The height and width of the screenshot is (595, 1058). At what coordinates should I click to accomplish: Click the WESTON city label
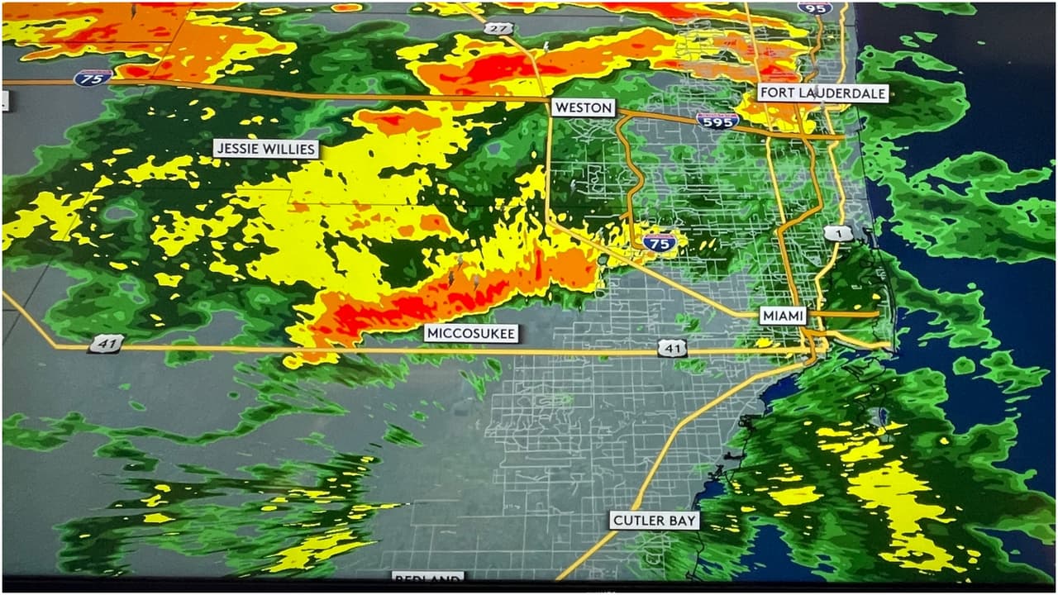pyautogui.click(x=584, y=107)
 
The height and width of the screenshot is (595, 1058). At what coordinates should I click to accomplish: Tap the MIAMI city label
pyautogui.click(x=782, y=315)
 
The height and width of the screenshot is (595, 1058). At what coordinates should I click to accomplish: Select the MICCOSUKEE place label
pyautogui.click(x=471, y=334)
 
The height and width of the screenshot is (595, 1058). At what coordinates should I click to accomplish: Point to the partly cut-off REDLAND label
pyautogui.click(x=427, y=578)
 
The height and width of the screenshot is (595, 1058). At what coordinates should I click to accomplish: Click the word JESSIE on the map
pyautogui.click(x=241, y=150)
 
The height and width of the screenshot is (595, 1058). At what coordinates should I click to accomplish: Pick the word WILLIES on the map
pyautogui.click(x=290, y=150)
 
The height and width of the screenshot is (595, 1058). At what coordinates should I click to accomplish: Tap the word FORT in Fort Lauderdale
pyautogui.click(x=779, y=93)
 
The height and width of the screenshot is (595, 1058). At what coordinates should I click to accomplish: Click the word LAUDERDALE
pyautogui.click(x=842, y=93)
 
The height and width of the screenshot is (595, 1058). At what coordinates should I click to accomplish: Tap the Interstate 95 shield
pyautogui.click(x=814, y=7)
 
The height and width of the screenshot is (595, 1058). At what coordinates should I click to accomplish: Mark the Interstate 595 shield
pyautogui.click(x=717, y=121)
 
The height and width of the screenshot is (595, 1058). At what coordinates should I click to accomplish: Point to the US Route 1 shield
pyautogui.click(x=839, y=234)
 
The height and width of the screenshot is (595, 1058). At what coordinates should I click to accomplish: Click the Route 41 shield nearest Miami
pyautogui.click(x=672, y=349)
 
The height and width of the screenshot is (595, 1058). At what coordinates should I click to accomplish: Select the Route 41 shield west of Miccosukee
pyautogui.click(x=107, y=343)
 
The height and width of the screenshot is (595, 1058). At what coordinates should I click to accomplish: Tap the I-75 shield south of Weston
pyautogui.click(x=659, y=242)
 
